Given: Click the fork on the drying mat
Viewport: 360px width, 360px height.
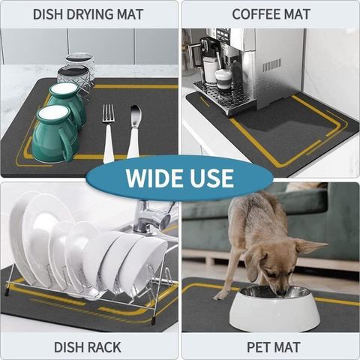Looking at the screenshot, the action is pyautogui.click(x=108, y=133).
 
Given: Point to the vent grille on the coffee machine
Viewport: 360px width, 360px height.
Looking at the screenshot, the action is pyautogui.click(x=272, y=64).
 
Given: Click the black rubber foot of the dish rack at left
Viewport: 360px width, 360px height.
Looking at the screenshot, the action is pyautogui.click(x=6, y=292).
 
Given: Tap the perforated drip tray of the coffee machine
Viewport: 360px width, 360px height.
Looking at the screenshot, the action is pyautogui.click(x=220, y=96).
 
